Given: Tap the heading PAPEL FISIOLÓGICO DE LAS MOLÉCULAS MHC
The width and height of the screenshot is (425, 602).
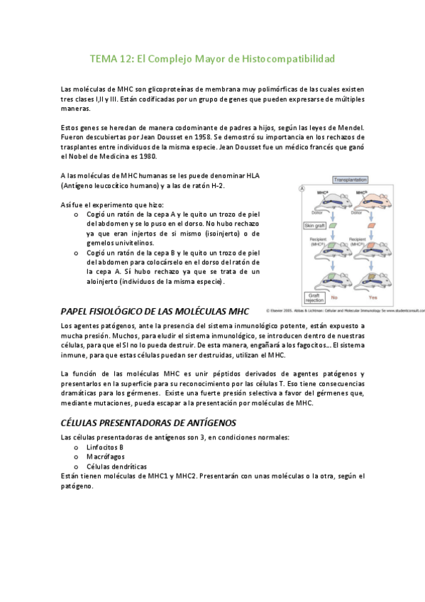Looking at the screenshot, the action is coord(155,311).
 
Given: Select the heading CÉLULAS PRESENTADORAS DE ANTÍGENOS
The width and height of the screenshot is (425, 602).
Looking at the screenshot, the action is coord(148,422).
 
